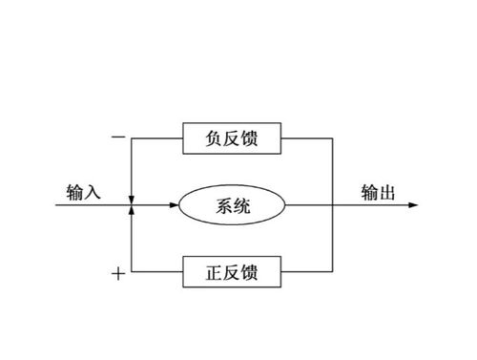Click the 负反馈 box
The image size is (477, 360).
(233, 139)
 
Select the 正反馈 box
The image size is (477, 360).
(233, 273)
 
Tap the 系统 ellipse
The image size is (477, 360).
(233, 205)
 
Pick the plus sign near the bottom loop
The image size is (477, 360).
(117, 274)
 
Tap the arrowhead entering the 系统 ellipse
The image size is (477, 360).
(176, 205)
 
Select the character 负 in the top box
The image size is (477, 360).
(212, 139)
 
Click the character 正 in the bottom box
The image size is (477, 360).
(212, 273)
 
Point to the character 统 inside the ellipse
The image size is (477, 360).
(244, 205)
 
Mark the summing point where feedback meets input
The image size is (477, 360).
(132, 205)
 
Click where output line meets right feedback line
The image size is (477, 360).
(331, 205)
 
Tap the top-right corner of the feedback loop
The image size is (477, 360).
(331, 139)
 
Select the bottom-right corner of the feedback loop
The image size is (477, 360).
(331, 273)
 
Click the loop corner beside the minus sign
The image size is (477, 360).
(132, 139)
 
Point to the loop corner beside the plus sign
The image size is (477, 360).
(132, 273)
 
